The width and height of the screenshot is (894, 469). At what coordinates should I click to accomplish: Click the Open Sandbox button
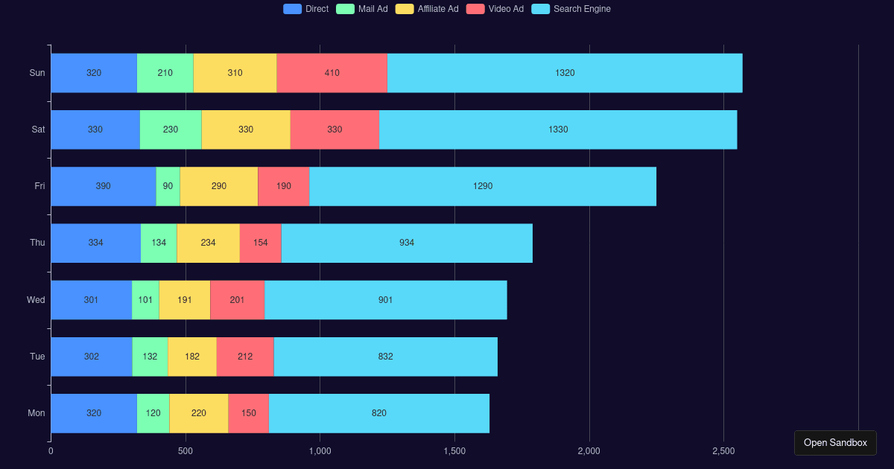coord(835,442)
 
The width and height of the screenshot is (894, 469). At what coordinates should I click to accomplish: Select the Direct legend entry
coord(305,9)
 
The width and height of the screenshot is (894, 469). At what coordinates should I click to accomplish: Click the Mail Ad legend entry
coord(362,9)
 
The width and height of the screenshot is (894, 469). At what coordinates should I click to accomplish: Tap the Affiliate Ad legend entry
coord(427,9)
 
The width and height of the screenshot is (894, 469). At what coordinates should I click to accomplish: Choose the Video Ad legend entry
coord(495,9)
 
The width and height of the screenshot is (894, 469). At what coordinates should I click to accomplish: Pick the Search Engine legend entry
coord(571,9)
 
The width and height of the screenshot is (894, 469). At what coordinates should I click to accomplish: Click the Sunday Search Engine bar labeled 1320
coord(565,73)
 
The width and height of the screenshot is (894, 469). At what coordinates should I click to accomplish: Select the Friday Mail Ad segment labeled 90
coord(168,186)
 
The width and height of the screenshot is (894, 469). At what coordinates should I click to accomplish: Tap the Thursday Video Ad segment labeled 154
coord(260,243)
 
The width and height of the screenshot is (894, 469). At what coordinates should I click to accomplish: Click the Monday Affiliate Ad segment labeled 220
coord(198,413)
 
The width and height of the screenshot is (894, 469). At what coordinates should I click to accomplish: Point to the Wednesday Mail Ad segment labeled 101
coord(145,300)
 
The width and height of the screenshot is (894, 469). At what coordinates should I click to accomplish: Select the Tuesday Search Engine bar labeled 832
coord(385,357)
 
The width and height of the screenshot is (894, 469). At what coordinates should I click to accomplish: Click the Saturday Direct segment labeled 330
coord(95,130)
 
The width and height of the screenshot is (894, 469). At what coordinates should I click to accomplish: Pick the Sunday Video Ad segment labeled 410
coord(332,73)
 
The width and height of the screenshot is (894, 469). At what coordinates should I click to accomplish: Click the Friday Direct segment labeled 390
coord(103,186)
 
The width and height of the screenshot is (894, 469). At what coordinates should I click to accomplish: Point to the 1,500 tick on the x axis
coord(454,451)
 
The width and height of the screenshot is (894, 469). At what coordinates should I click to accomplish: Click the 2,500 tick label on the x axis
coord(723,451)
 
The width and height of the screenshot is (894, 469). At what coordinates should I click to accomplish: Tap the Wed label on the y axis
coord(36,300)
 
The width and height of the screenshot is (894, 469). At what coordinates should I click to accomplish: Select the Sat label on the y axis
coord(38,130)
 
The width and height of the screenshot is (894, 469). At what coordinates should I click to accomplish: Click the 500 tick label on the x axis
coord(186,451)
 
